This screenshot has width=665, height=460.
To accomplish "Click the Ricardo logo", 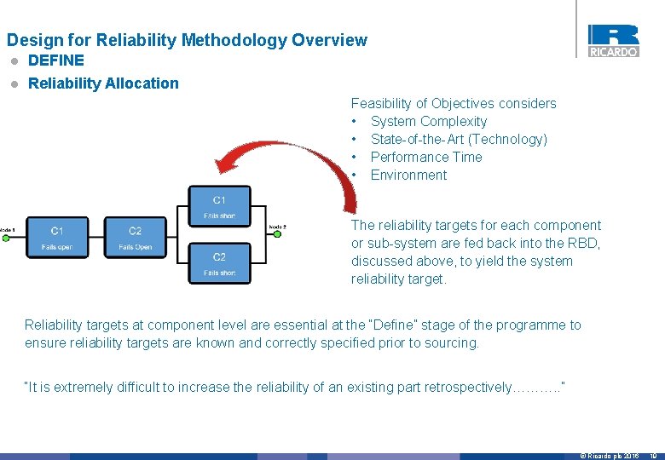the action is (613, 40).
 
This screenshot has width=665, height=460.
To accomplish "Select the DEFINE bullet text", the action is (56, 60).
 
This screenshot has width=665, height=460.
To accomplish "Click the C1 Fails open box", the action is (56, 238).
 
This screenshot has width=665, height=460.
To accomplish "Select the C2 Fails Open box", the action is (135, 238).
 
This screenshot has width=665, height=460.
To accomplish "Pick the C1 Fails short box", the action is (219, 207).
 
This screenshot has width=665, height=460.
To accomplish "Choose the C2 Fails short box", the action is (219, 263).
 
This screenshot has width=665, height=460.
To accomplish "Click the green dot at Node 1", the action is (5, 238).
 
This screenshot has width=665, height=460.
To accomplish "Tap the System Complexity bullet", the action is (429, 122).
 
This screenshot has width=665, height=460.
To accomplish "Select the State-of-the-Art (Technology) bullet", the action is (459, 140).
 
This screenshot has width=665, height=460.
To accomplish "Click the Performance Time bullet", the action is (426, 158).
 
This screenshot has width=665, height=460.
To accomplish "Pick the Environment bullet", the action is (408, 175).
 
